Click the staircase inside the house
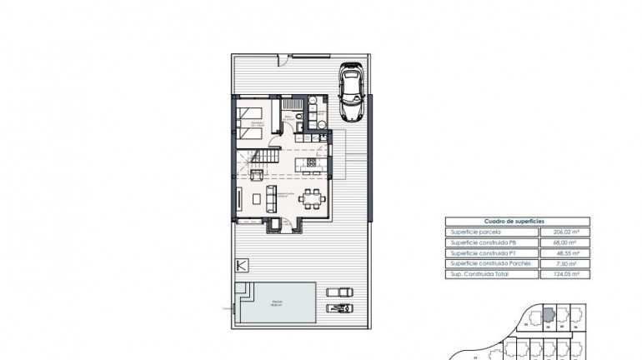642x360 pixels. [x=265, y=159]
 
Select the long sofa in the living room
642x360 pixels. [x=272, y=198]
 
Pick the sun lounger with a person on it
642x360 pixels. [x=338, y=309]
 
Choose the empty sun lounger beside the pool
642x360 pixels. [x=338, y=292]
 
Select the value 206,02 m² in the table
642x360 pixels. [x=565, y=232]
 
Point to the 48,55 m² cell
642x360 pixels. [x=565, y=252]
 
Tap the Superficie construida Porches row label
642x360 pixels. [x=489, y=263]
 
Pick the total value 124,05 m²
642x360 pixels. [x=565, y=273]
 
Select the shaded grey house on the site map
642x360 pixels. [x=547, y=314]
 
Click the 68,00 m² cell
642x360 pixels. [x=565, y=242]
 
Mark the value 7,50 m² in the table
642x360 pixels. [x=565, y=263]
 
